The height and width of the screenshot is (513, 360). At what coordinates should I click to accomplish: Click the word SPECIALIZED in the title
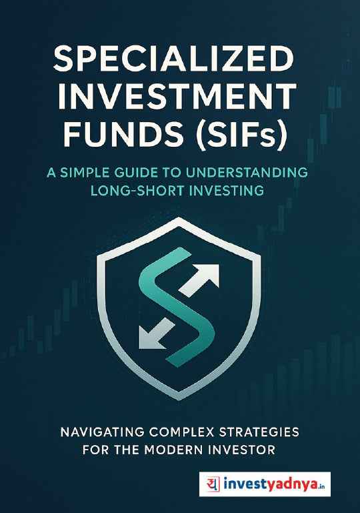(173, 62)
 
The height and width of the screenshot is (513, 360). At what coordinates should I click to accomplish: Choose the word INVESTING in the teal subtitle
(225, 191)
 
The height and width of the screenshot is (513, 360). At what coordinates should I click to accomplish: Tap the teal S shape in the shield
(175, 304)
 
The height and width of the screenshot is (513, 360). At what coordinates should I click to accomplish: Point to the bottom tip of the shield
(180, 399)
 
